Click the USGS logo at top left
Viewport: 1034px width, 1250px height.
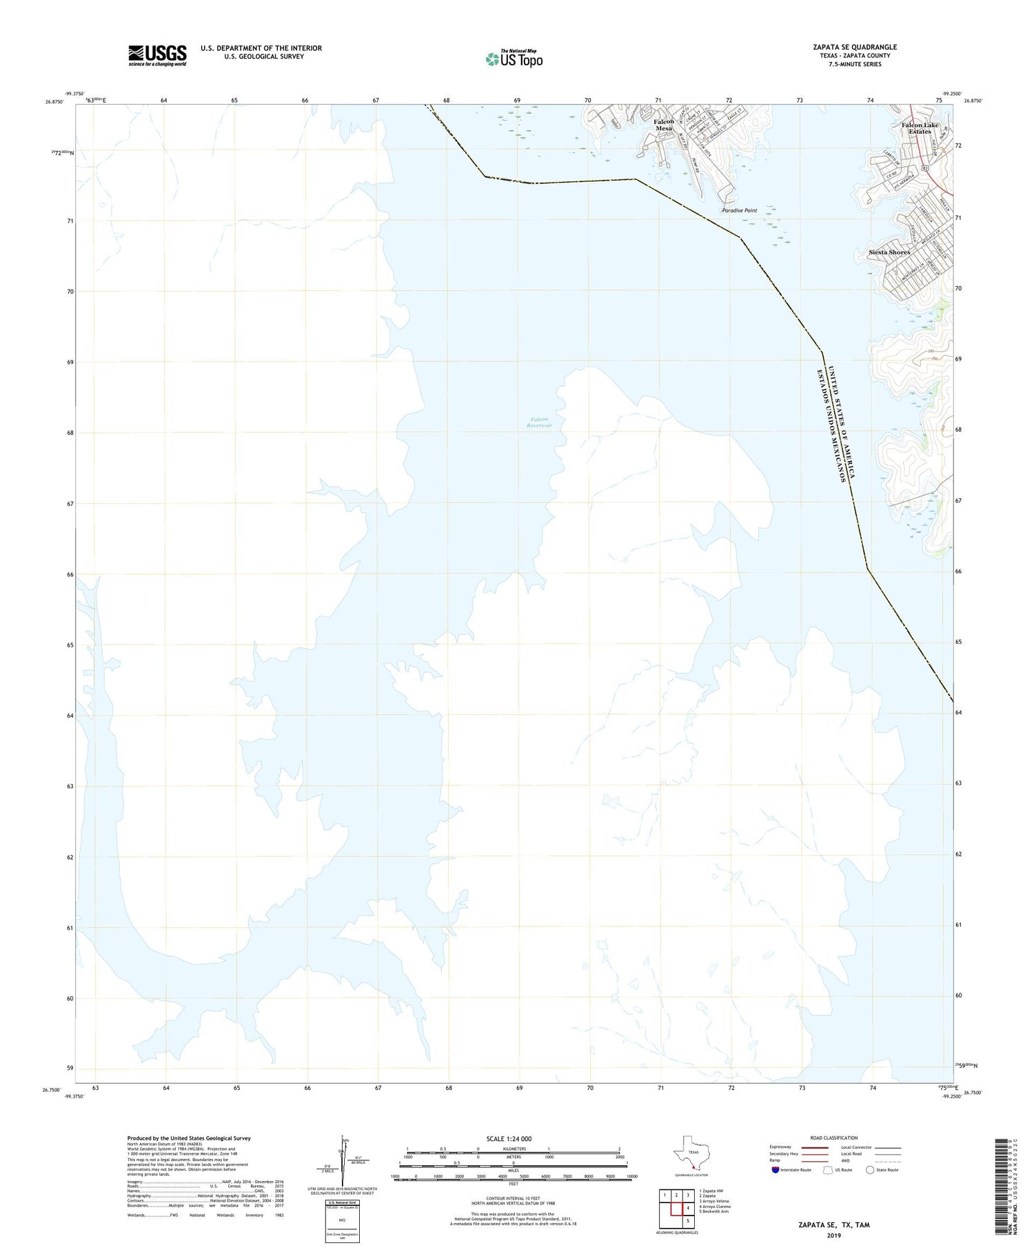[157, 55]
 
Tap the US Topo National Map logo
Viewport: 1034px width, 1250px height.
[514, 59]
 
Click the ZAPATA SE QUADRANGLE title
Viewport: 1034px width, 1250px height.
[855, 47]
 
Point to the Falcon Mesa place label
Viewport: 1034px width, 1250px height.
[664, 125]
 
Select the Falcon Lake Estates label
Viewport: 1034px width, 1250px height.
[920, 128]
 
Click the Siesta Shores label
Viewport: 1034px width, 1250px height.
[889, 252]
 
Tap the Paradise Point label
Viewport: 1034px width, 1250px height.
[739, 210]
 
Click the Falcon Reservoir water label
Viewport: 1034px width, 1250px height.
[540, 423]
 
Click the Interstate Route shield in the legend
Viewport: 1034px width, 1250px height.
[775, 1169]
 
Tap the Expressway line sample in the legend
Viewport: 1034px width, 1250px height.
[814, 1147]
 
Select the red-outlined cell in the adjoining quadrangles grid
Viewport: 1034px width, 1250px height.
[688, 1208]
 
